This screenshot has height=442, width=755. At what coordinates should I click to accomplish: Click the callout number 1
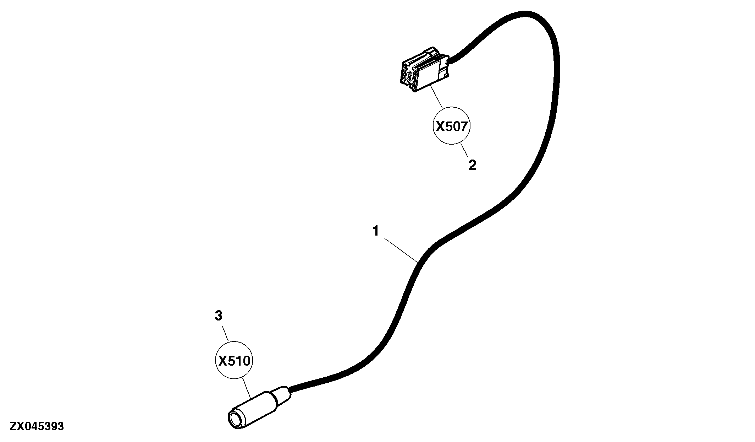(376, 231)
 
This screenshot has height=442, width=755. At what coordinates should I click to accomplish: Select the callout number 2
(473, 165)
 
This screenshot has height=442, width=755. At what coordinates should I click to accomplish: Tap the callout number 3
(219, 316)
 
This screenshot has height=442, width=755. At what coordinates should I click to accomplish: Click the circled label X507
(452, 126)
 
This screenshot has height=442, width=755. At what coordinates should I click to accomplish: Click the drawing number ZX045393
(37, 426)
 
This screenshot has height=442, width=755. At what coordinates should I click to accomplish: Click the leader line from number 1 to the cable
(401, 250)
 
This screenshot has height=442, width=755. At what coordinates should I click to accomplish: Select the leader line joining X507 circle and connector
(436, 97)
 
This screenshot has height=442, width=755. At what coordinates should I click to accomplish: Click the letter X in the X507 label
(440, 126)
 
